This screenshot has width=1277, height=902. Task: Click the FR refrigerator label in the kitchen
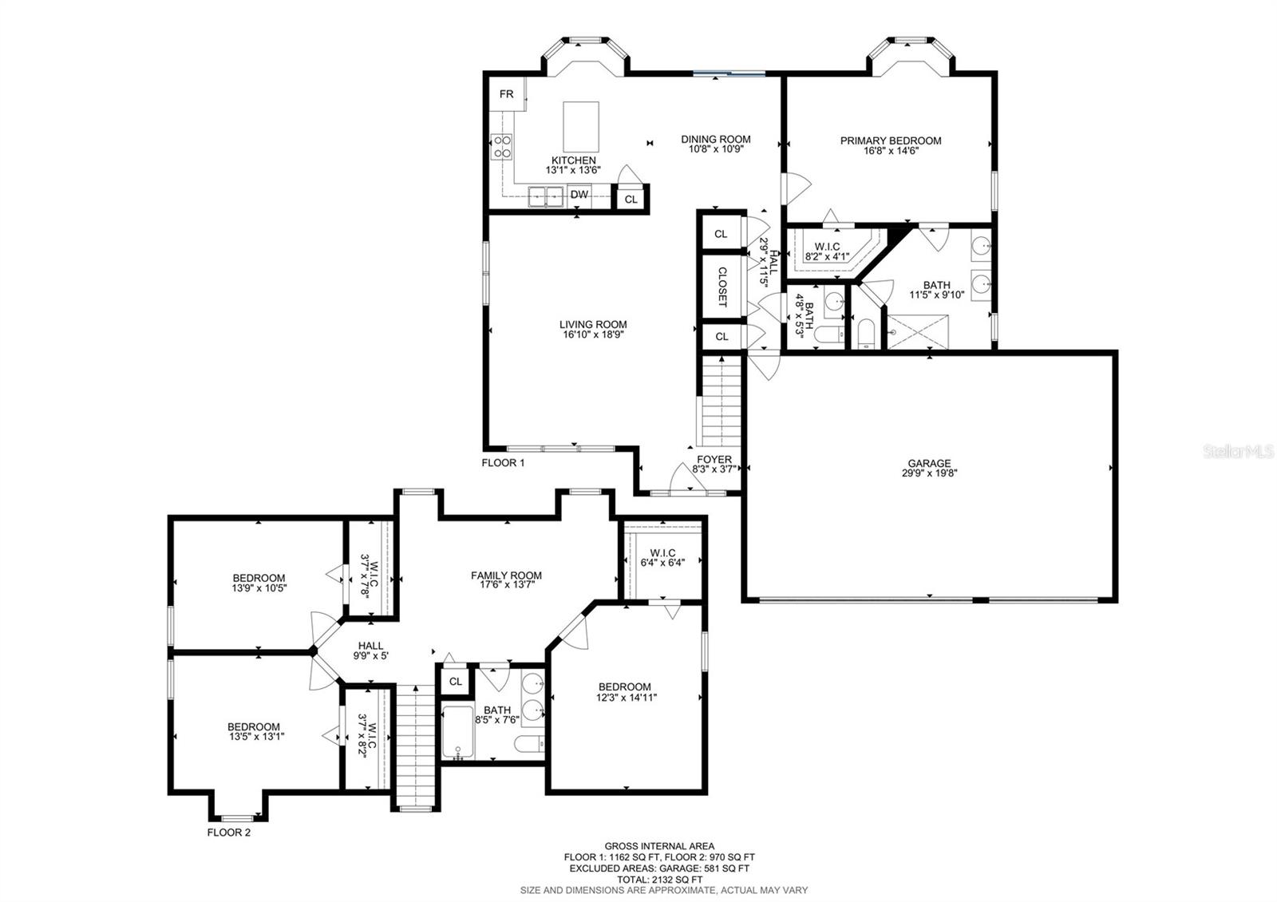click(506, 94)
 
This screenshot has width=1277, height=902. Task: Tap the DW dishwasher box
click(579, 195)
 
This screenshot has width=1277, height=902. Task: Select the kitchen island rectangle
click(581, 127)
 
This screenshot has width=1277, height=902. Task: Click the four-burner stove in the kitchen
click(502, 146)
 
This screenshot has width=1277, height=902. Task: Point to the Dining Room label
click(715, 139)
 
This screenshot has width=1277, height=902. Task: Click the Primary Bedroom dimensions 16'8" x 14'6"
click(891, 151)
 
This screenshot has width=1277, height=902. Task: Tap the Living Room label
click(593, 324)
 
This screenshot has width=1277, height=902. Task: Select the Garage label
click(929, 464)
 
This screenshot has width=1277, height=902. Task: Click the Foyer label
click(714, 459)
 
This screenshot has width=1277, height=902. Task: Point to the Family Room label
click(506, 576)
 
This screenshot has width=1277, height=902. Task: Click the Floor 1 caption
click(503, 462)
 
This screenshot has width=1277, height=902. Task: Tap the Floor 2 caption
click(228, 833)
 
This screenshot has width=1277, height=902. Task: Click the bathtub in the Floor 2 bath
click(458, 733)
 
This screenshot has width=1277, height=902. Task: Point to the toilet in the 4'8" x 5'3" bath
click(829, 334)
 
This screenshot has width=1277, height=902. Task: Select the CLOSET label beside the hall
click(722, 287)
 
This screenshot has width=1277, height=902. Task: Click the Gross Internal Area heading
click(659, 846)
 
